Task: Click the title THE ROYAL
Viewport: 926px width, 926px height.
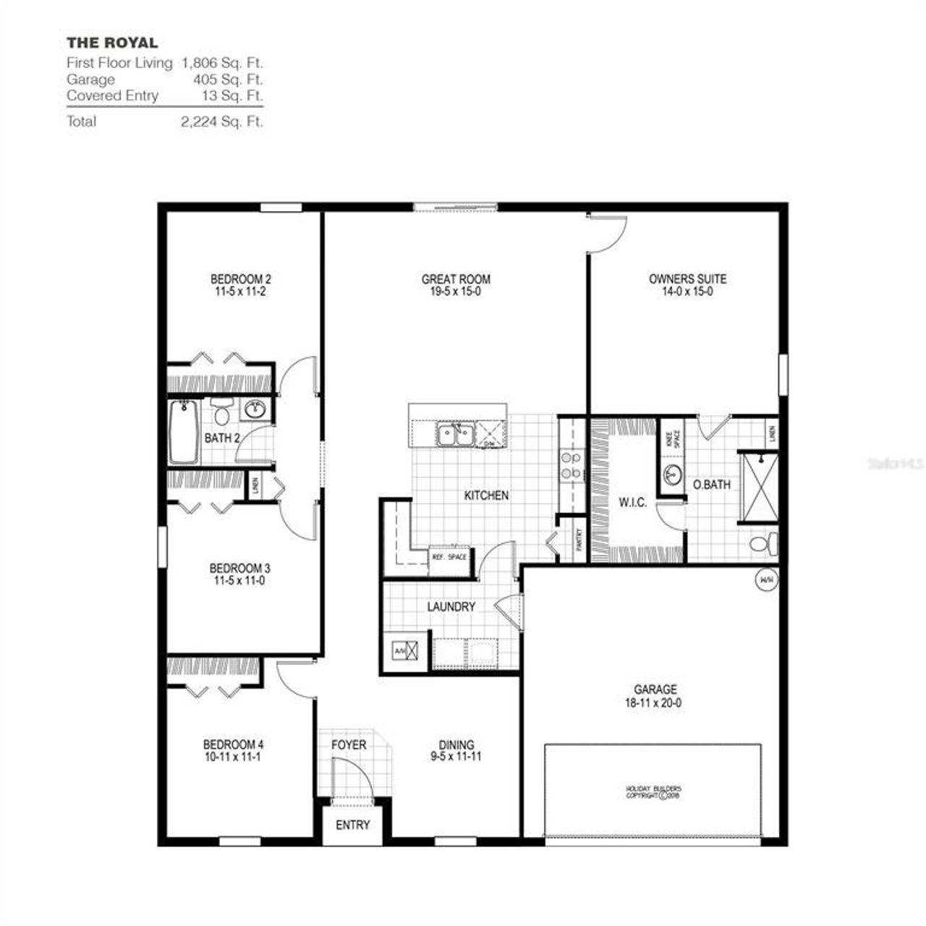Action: (112, 43)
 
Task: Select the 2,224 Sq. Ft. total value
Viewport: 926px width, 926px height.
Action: (221, 122)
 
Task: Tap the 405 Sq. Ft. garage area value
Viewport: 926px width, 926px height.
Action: (228, 80)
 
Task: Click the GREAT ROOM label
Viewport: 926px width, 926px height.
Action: (456, 279)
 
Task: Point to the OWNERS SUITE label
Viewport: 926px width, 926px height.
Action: (687, 279)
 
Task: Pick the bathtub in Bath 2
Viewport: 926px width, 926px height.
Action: (184, 432)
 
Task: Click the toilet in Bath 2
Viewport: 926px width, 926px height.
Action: (221, 412)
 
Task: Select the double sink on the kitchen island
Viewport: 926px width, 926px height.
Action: (454, 436)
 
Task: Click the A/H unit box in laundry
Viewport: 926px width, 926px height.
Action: (405, 650)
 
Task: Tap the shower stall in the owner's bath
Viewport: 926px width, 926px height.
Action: (758, 485)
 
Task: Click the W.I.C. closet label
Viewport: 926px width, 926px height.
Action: (632, 503)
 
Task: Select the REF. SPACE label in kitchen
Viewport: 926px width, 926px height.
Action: (449, 557)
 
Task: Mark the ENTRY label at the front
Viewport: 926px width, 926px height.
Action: (353, 825)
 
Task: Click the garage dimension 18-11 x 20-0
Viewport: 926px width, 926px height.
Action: (655, 702)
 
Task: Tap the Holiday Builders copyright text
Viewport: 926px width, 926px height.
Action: (653, 791)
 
